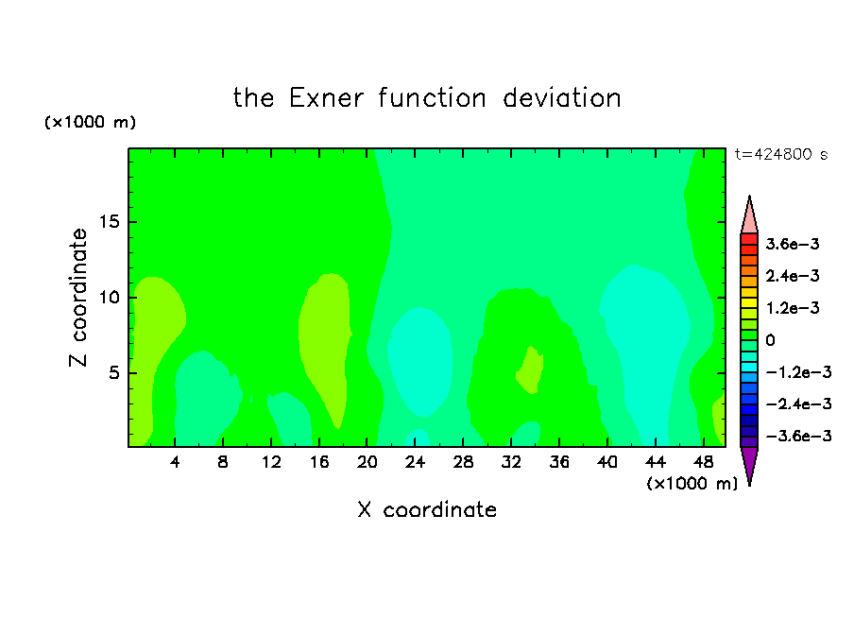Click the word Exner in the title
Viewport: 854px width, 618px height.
pyautogui.click(x=326, y=98)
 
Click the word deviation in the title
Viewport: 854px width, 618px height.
pyautogui.click(x=562, y=98)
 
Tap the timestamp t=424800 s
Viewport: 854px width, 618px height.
pyautogui.click(x=781, y=154)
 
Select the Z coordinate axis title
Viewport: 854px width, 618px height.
pyautogui.click(x=78, y=298)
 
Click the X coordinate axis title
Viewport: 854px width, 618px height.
pyautogui.click(x=427, y=509)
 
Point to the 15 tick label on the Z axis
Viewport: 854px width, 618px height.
pyautogui.click(x=109, y=222)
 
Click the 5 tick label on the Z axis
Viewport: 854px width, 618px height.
pyautogui.click(x=113, y=372)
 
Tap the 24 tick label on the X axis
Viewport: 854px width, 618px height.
pyautogui.click(x=415, y=462)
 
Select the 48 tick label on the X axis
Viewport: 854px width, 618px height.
pyautogui.click(x=704, y=462)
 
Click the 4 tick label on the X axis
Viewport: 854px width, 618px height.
pyautogui.click(x=175, y=462)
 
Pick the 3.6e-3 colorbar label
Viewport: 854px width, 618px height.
pyautogui.click(x=793, y=244)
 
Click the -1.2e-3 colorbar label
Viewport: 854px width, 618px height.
pyautogui.click(x=798, y=372)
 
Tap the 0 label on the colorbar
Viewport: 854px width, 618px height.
pyautogui.click(x=770, y=340)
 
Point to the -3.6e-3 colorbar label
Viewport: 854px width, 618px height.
pyautogui.click(x=798, y=436)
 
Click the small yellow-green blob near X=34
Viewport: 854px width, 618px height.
pyautogui.click(x=530, y=369)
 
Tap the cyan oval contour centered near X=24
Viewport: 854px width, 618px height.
pyautogui.click(x=420, y=361)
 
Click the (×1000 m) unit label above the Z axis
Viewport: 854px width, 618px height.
pyautogui.click(x=90, y=122)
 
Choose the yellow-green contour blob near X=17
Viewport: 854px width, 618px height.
pyautogui.click(x=325, y=349)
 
